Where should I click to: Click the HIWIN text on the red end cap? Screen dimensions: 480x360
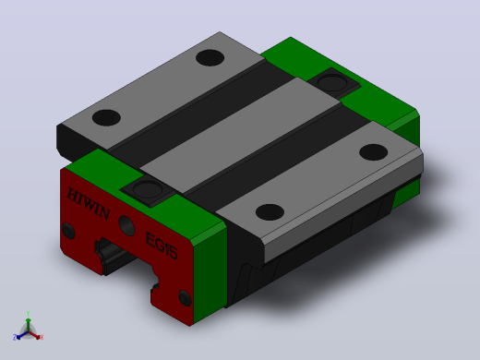point(89,203)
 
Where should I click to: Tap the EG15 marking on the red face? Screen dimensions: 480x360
point(162,246)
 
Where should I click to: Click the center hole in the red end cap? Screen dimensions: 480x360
point(126,225)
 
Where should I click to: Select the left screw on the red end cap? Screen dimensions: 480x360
point(68,231)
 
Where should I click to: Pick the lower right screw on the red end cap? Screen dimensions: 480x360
point(185,298)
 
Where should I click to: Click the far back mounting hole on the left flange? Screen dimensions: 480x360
point(210,57)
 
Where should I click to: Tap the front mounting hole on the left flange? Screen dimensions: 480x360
point(106,117)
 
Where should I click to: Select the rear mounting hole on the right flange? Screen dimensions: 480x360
point(373,152)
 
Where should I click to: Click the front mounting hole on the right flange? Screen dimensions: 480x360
point(270,212)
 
